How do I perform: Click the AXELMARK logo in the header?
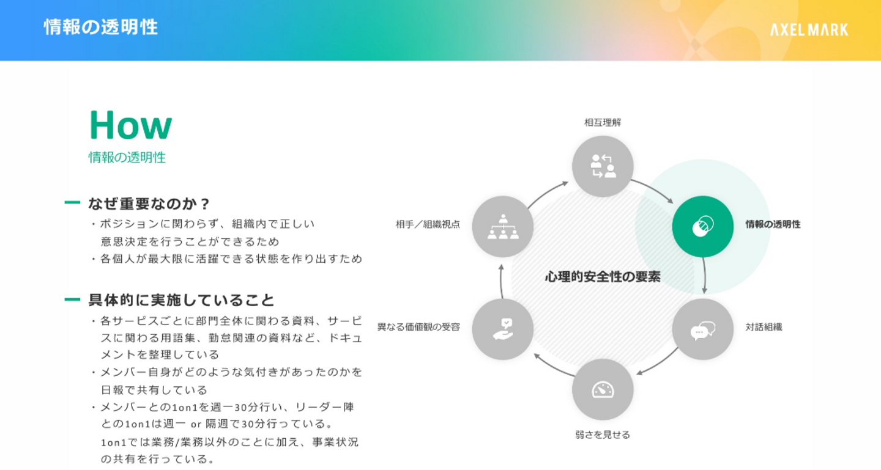pos(809,29)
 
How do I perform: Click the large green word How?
pos(130,125)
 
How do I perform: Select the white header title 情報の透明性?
pos(101,28)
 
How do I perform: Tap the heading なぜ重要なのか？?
pos(149,203)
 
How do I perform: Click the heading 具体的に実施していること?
pos(182,300)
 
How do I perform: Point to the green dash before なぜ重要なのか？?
pos(72,202)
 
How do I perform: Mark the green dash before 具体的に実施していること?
pos(72,299)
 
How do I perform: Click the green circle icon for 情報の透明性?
pos(702,226)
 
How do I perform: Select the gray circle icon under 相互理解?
pos(603,166)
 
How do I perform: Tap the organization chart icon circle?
pos(503,226)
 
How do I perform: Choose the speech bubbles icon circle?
pos(702,329)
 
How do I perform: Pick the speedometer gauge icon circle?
pos(603,389)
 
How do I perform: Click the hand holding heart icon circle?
pos(503,329)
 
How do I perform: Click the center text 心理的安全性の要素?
pos(603,277)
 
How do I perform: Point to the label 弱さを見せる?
pos(603,435)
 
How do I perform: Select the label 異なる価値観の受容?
pos(418,327)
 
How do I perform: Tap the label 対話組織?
pos(764,327)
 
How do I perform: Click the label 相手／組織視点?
pos(428,224)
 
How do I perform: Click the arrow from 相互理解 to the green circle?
pos(653,189)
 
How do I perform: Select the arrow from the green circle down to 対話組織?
pos(705,276)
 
